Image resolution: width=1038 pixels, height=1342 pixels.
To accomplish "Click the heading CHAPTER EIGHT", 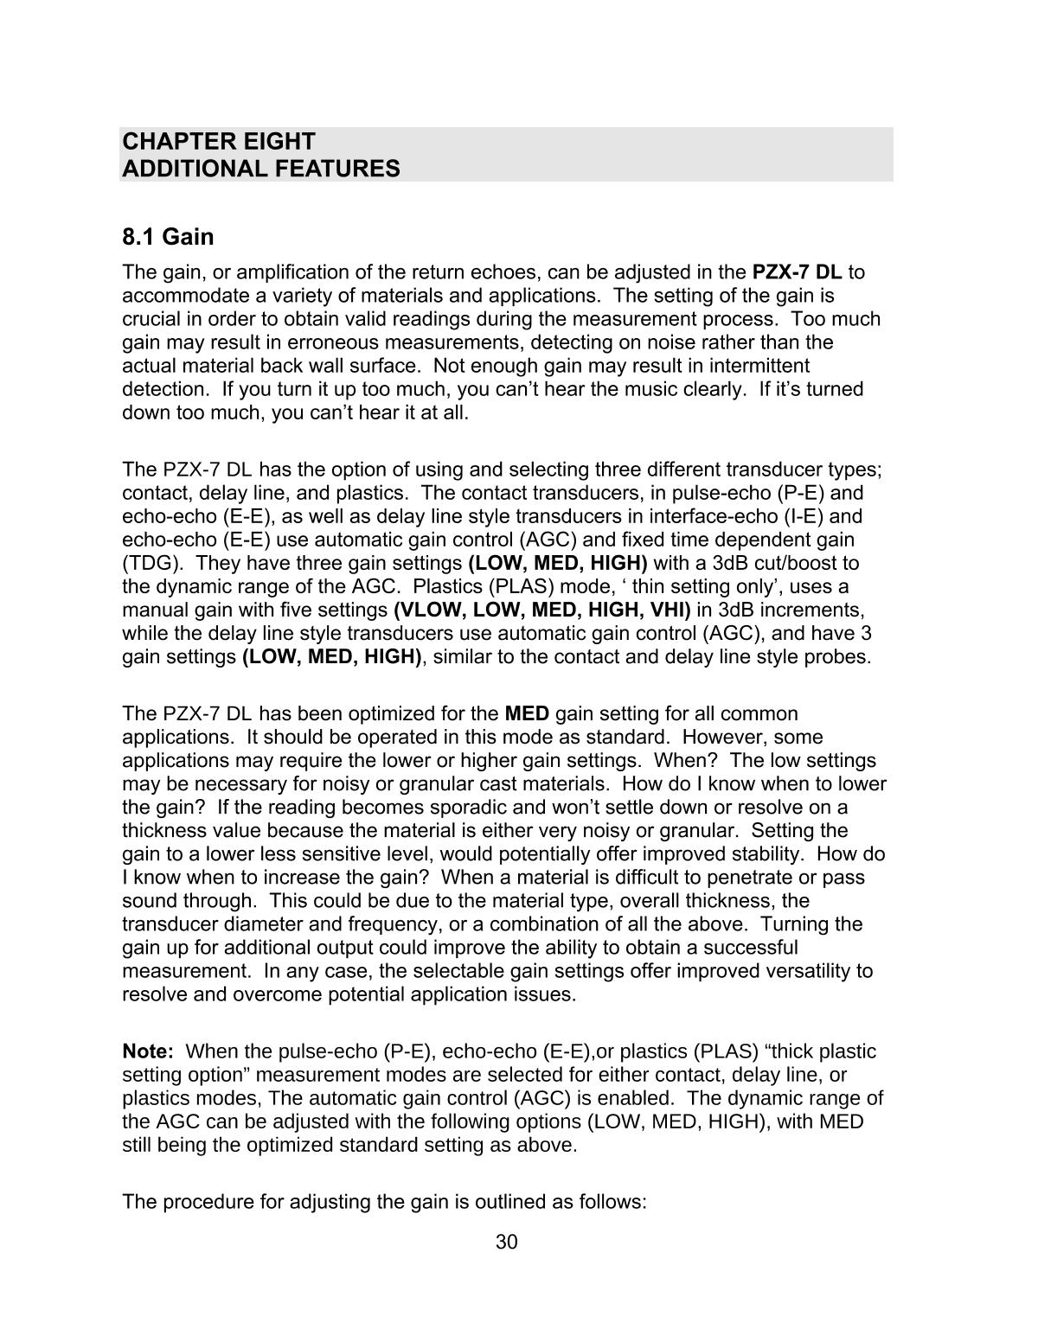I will pyautogui.click(x=219, y=141).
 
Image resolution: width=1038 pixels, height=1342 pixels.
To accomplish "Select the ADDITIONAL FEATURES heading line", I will pyautogui.click(x=261, y=169).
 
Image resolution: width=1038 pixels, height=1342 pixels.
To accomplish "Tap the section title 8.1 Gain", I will pyautogui.click(x=168, y=236).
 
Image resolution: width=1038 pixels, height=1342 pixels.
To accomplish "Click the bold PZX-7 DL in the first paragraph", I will pyautogui.click(x=798, y=272).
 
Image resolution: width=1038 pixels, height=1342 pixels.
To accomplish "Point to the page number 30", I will pyautogui.click(x=507, y=1243).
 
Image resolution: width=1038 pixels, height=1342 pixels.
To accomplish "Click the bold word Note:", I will pyautogui.click(x=148, y=1051).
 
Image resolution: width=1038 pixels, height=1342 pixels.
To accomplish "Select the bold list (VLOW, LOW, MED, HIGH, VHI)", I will pyautogui.click(x=542, y=610).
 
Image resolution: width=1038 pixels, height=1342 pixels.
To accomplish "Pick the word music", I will pyautogui.click(x=643, y=389).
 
